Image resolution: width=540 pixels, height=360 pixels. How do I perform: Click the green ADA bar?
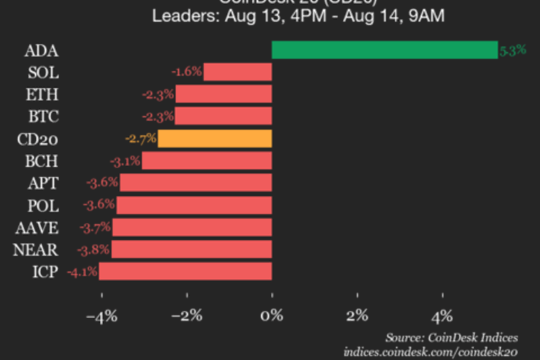(384, 50)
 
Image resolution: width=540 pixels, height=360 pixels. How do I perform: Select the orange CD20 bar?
(215, 139)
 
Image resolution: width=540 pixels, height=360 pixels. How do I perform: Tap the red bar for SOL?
(238, 72)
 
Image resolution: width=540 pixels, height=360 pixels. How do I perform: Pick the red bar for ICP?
(186, 272)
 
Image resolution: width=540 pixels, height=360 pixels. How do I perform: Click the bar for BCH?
(207, 161)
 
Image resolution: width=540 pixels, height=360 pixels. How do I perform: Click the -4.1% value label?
(81, 272)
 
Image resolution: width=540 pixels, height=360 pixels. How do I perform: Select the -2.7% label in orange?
(140, 139)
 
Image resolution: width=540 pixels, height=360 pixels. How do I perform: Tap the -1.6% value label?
(186, 72)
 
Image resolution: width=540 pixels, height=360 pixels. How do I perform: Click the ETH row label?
(44, 95)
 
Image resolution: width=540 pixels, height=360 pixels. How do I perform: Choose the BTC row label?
(44, 117)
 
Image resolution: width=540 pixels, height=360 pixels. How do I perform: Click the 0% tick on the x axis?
(272, 315)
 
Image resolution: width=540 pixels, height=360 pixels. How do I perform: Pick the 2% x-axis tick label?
(357, 315)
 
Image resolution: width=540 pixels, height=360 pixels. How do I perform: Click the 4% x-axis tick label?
(443, 315)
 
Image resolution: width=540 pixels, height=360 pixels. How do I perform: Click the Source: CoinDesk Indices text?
(452, 337)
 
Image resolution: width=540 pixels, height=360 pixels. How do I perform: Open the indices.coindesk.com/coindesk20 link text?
(431, 351)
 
